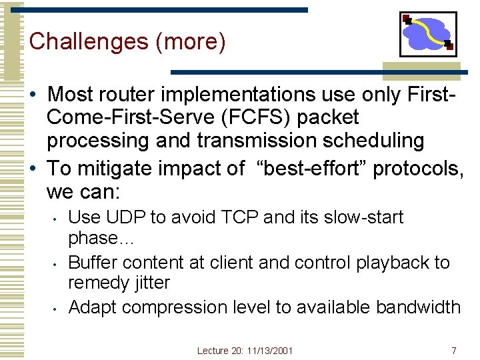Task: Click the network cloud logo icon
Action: point(428,34)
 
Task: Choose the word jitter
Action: point(147,283)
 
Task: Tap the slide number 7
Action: point(453,351)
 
